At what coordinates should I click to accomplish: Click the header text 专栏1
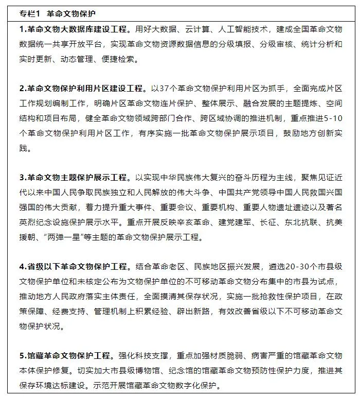click(30, 13)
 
